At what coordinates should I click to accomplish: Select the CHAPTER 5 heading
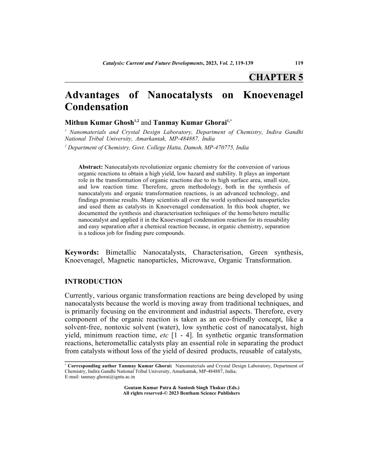click(276, 77)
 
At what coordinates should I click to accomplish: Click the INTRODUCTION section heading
click(94, 282)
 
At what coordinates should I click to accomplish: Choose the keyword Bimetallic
click(121, 252)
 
